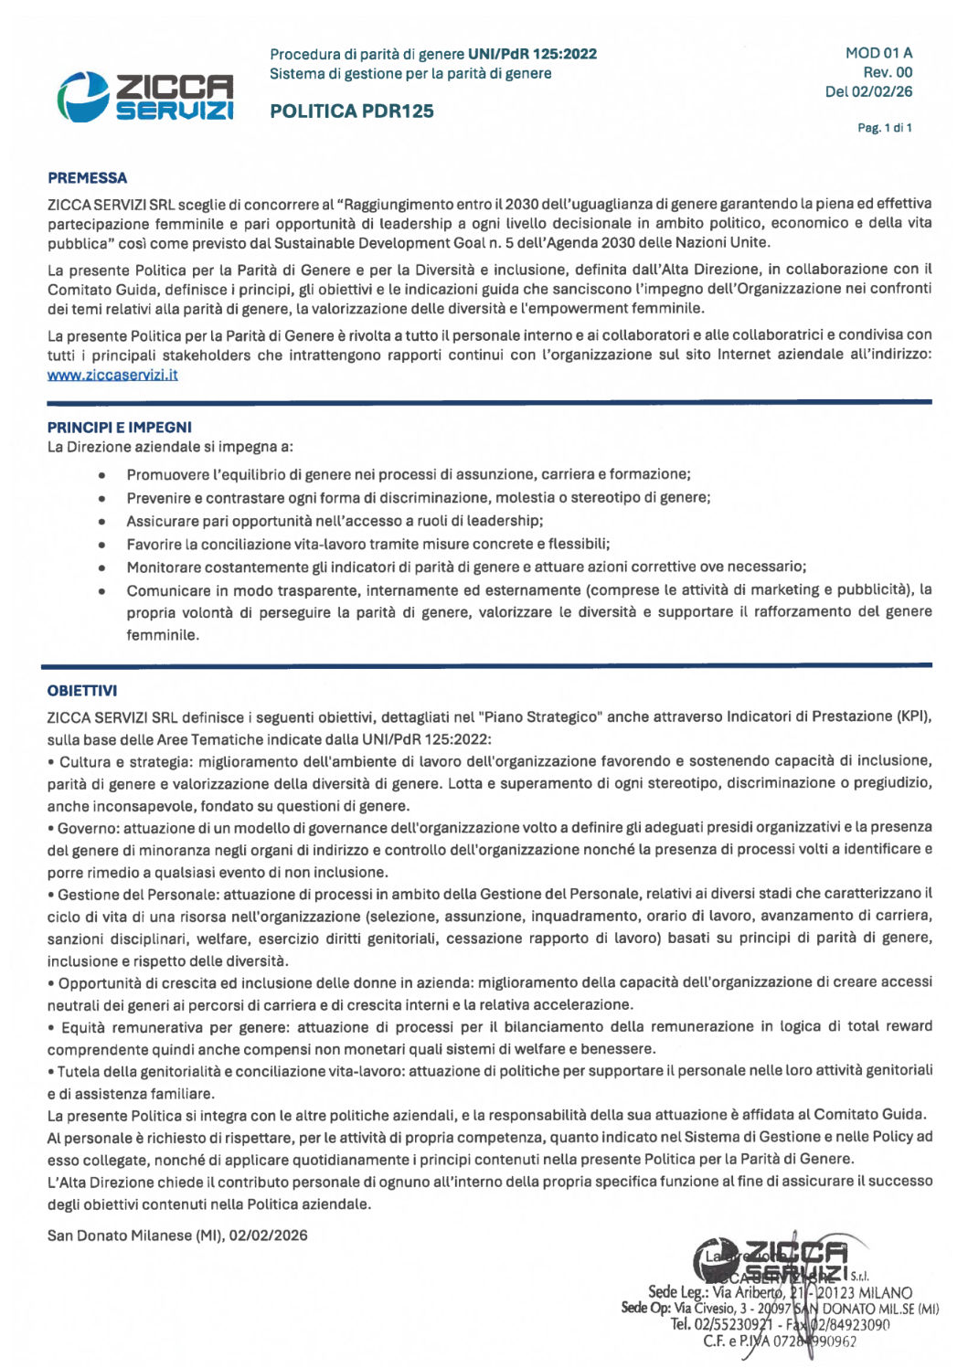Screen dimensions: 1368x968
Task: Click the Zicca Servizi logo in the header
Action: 145,96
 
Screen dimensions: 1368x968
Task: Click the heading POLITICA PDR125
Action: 352,111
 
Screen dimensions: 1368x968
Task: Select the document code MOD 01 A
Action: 878,53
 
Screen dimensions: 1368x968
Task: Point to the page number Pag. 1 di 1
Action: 884,128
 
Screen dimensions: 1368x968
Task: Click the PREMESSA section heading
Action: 88,178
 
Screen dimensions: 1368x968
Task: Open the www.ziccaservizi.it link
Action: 112,375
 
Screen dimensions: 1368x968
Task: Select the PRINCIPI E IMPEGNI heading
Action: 120,427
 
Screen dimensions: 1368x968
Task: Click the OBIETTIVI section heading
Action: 82,691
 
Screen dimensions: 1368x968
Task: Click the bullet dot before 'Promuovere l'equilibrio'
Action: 103,475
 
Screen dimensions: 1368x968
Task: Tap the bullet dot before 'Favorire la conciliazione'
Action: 103,545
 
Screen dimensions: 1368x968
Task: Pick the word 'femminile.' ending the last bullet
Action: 163,635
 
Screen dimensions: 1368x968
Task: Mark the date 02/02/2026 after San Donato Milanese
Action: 268,1235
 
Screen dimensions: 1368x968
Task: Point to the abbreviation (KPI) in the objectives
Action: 914,716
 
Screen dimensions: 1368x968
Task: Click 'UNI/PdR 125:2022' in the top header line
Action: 532,54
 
